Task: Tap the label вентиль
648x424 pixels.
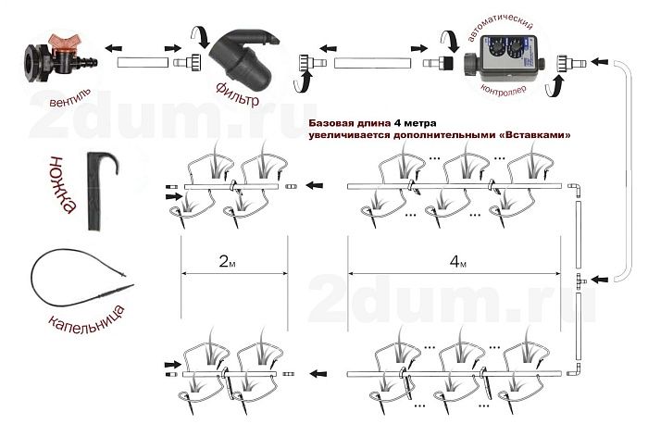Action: tap(69, 98)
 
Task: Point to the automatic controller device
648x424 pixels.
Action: tap(504, 58)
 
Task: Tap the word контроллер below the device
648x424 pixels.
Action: tap(504, 90)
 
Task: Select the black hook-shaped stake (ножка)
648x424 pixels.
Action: tap(101, 190)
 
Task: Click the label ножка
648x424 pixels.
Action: tap(63, 184)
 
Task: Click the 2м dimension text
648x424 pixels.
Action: tap(228, 261)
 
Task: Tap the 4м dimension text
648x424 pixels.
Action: tap(457, 261)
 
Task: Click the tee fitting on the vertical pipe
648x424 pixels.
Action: tap(579, 281)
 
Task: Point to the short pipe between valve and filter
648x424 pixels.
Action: tap(143, 63)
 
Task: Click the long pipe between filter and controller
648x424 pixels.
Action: tap(372, 63)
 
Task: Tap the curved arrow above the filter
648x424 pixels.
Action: tap(201, 36)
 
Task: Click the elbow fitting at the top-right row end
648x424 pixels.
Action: tap(574, 189)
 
